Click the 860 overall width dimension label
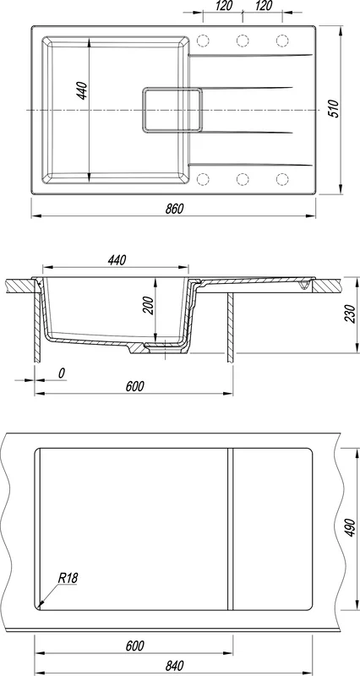pyautogui.click(x=174, y=209)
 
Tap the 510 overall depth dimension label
pyautogui.click(x=334, y=108)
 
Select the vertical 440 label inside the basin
pyautogui.click(x=82, y=90)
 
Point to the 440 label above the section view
pyautogui.click(x=117, y=260)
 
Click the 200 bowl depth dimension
pyautogui.click(x=148, y=306)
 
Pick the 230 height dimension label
pyautogui.click(x=350, y=313)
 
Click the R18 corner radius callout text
pyautogui.click(x=68, y=578)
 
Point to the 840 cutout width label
pyautogui.click(x=175, y=666)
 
